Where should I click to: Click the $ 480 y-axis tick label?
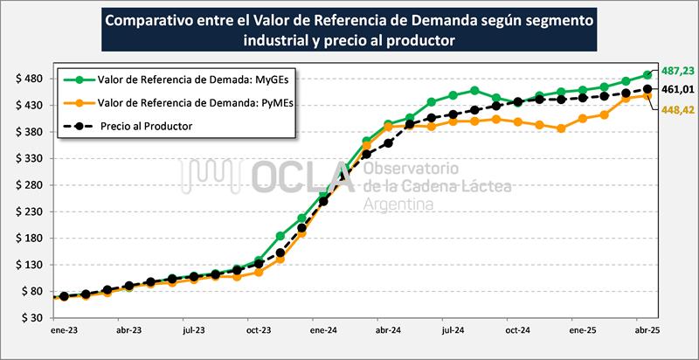tap(30, 79)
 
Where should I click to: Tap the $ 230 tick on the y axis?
tap(30, 211)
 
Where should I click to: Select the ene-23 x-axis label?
tap(64, 332)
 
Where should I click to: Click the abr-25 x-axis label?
tap(647, 332)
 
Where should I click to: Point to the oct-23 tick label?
tap(259, 332)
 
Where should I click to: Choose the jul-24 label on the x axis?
tap(453, 332)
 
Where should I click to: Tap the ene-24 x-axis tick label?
tap(323, 332)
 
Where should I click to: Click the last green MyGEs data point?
tap(647, 75)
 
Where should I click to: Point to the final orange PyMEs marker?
tap(647, 96)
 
